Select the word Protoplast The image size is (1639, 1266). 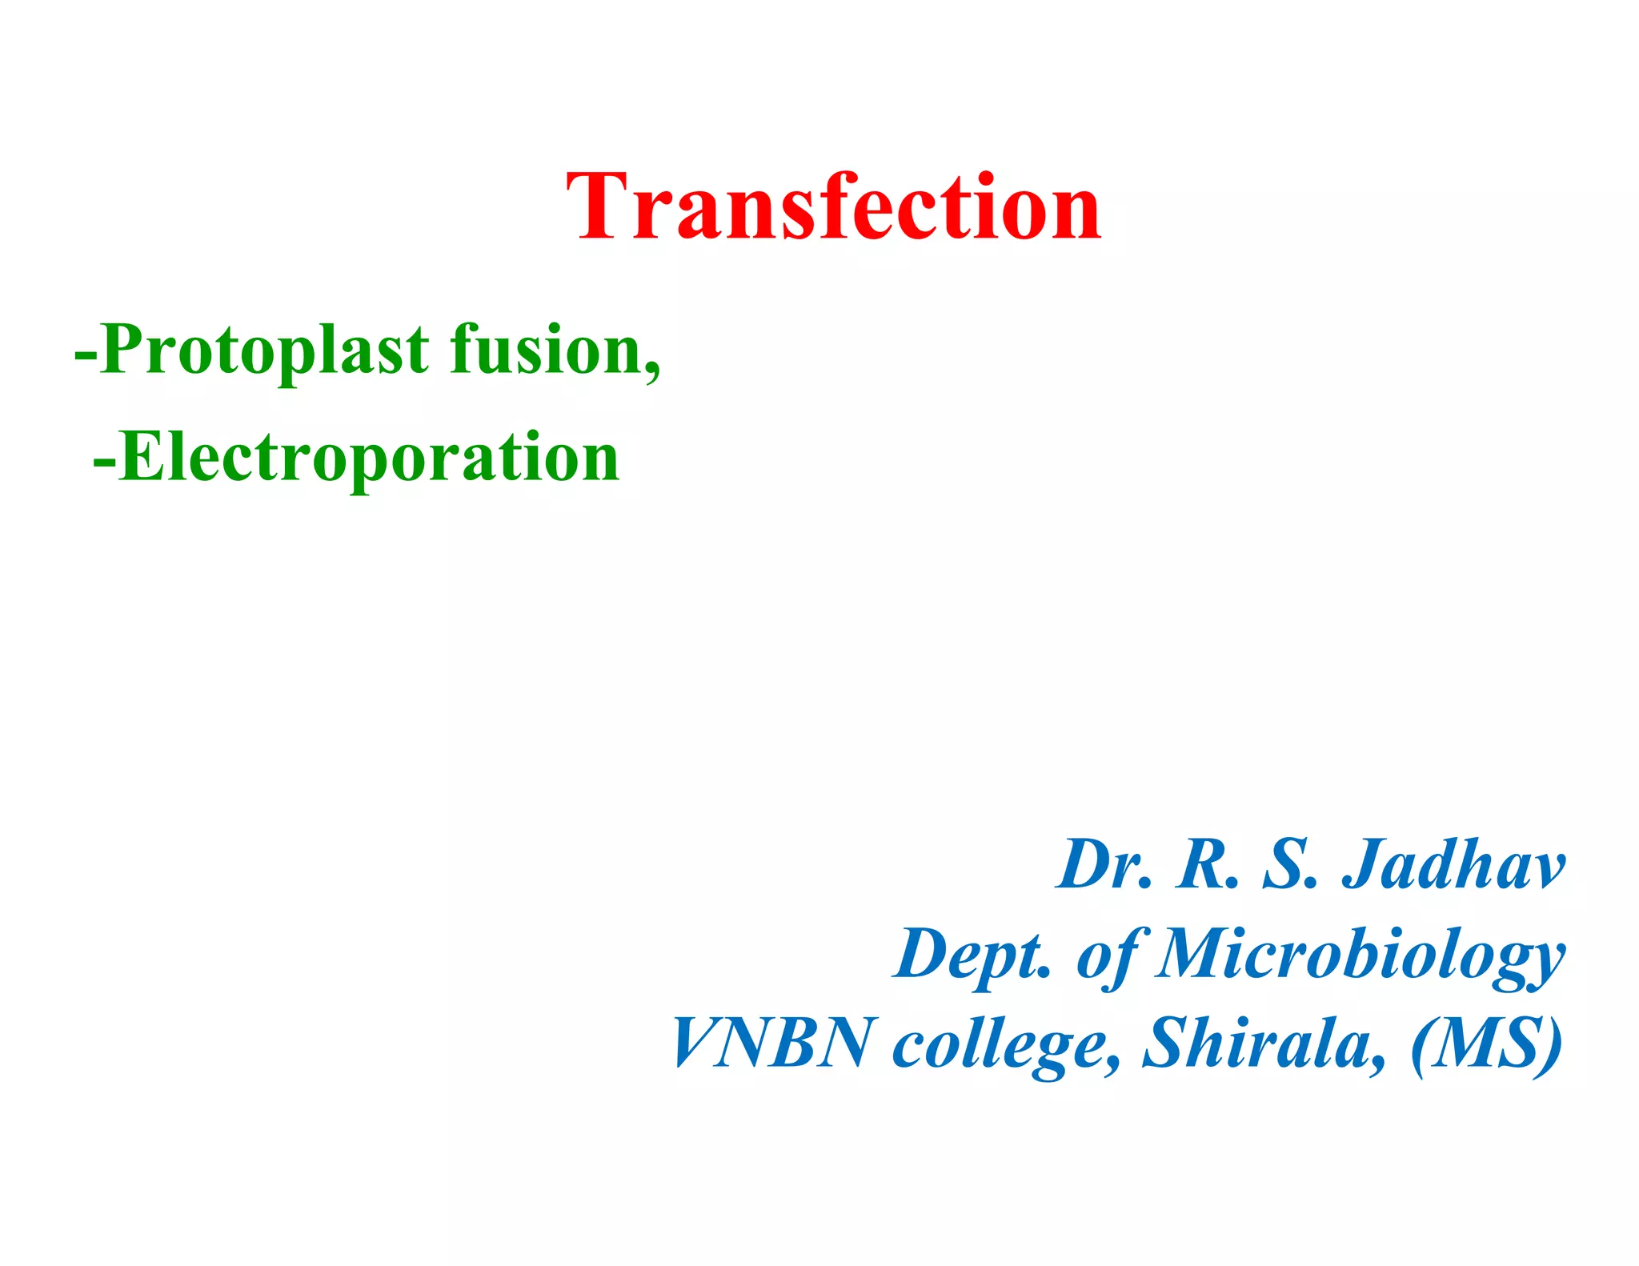265,350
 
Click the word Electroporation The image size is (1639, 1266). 368,457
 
